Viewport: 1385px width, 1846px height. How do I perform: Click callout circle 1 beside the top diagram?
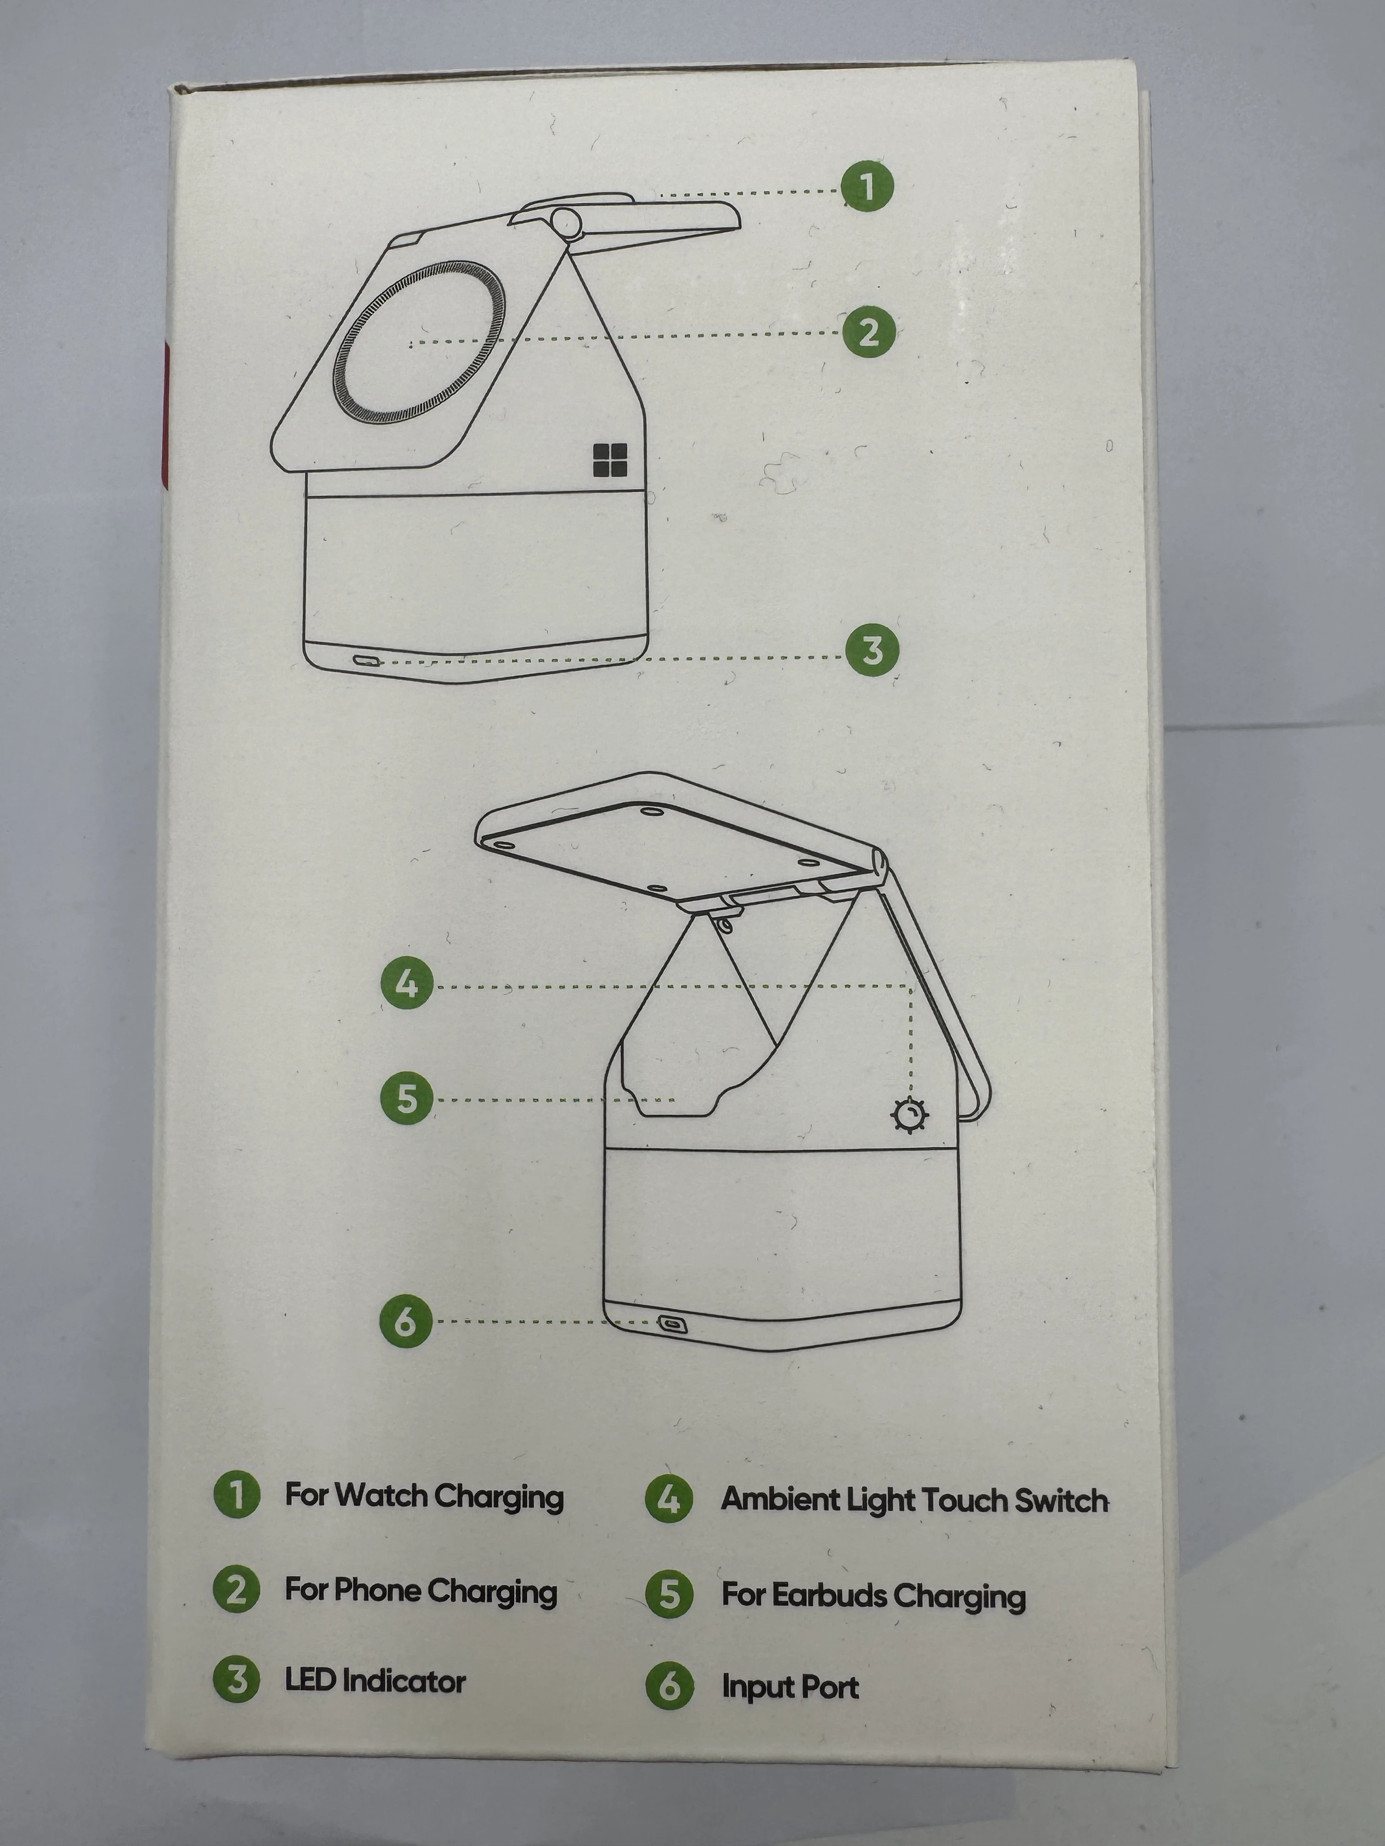(867, 185)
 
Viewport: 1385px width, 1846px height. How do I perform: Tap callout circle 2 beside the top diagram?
(868, 331)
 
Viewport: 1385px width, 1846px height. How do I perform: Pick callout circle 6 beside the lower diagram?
(406, 1320)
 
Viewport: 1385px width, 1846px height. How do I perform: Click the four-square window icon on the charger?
(610, 460)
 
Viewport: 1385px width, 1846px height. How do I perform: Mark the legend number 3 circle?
(237, 1679)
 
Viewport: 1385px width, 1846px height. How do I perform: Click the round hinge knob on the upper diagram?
(567, 224)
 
